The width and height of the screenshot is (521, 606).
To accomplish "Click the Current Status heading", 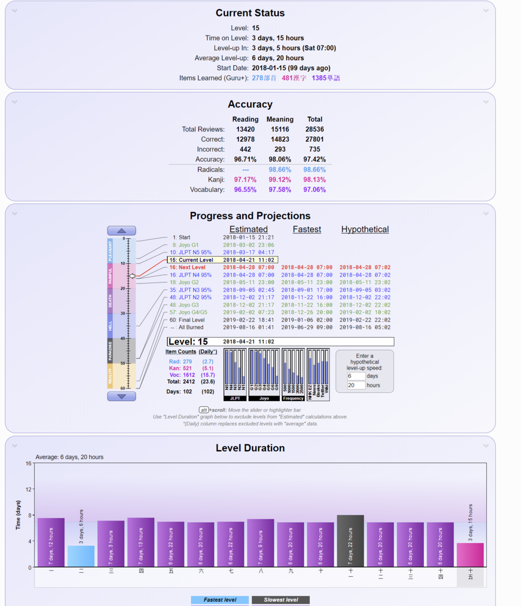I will pyautogui.click(x=250, y=13).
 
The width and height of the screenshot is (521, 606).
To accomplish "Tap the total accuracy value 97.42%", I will pyautogui.click(x=315, y=160).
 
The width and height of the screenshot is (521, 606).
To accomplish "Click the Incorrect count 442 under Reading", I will pyautogui.click(x=246, y=150).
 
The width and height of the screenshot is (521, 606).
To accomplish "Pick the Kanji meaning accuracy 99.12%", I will pyautogui.click(x=280, y=180).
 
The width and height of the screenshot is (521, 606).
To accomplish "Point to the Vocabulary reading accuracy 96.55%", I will pyautogui.click(x=246, y=190).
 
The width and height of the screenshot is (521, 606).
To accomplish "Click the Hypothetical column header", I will pyautogui.click(x=365, y=230).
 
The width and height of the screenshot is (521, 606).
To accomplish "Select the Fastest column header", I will pyautogui.click(x=307, y=230).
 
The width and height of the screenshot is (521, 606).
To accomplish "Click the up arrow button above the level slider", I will pyautogui.click(x=121, y=231).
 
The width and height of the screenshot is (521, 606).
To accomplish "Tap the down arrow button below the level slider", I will pyautogui.click(x=121, y=396).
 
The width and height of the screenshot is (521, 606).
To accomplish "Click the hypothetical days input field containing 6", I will pyautogui.click(x=356, y=376).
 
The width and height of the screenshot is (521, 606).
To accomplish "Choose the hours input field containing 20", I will pyautogui.click(x=356, y=385).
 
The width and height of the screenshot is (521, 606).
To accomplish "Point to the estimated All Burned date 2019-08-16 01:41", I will pyautogui.click(x=248, y=327).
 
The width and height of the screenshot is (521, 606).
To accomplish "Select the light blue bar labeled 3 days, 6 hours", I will pyautogui.click(x=81, y=556).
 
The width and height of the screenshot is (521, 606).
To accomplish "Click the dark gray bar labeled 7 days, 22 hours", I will pyautogui.click(x=351, y=541).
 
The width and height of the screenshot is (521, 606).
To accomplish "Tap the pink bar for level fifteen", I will pyautogui.click(x=470, y=555).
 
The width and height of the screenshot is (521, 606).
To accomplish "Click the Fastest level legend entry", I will pyautogui.click(x=220, y=600).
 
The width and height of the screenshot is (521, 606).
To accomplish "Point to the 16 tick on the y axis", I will pyautogui.click(x=29, y=464).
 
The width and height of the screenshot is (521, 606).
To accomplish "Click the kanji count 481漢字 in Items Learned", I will pyautogui.click(x=294, y=78).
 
